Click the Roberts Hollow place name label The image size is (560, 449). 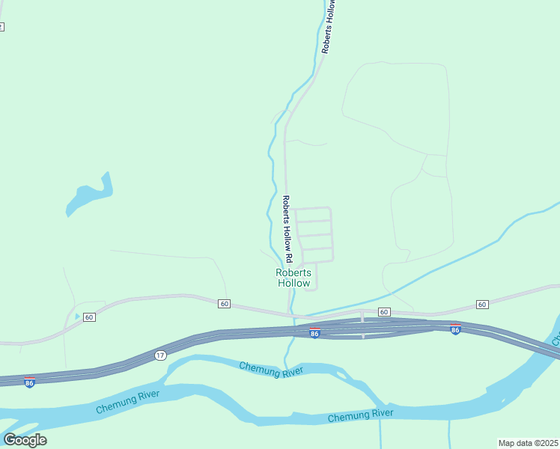[x=293, y=278]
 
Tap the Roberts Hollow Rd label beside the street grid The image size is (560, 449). [x=287, y=223]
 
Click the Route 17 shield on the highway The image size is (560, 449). [x=160, y=355]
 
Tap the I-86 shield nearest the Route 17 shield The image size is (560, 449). [x=29, y=382]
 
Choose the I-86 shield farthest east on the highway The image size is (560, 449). [x=454, y=329]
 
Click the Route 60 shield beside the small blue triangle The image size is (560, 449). [x=89, y=317]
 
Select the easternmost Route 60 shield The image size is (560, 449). [x=481, y=304]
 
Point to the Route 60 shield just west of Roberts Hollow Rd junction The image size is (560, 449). [x=224, y=303]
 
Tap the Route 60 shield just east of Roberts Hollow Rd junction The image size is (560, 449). [x=383, y=311]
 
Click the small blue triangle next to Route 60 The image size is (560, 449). [x=77, y=317]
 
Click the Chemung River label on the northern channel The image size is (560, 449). [x=271, y=369]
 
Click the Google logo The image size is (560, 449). [x=25, y=440]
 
